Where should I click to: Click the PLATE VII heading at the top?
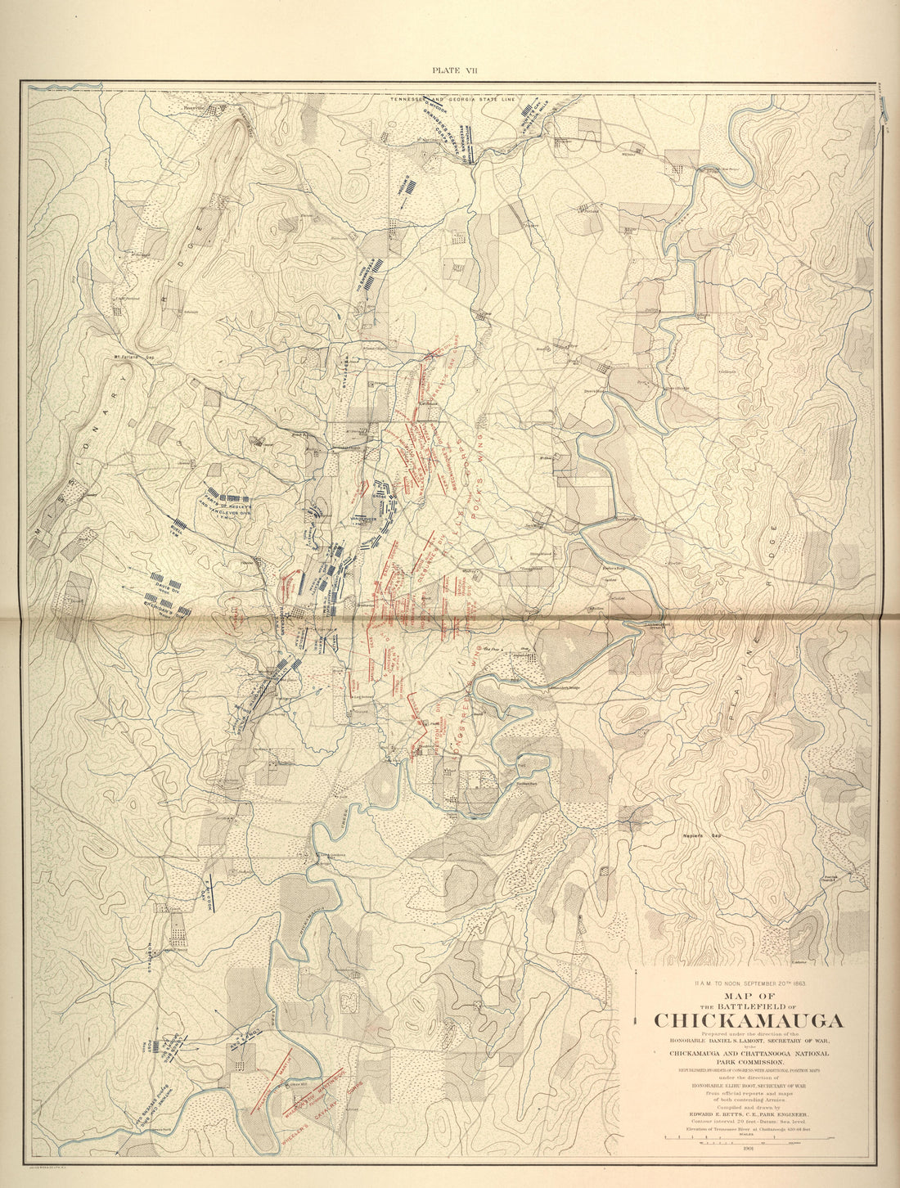pos(455,70)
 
